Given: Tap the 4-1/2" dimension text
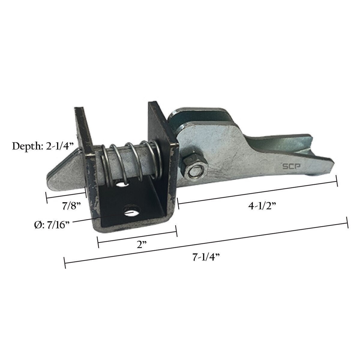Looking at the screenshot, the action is (262, 206).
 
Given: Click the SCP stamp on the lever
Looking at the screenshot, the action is (291, 166).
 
